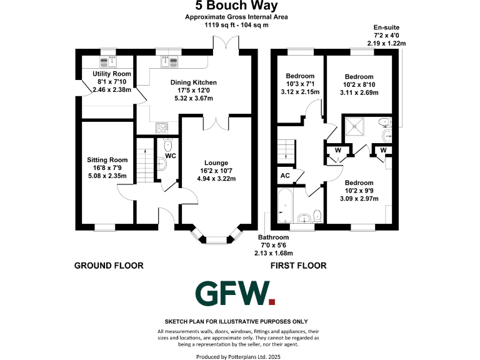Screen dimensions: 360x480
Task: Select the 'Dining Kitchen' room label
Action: pos(194,82)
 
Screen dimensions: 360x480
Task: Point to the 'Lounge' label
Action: pos(216,162)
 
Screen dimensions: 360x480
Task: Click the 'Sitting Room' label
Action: pos(107,160)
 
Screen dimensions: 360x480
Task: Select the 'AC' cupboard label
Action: pos(285,176)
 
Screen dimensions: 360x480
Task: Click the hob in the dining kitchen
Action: pos(161,128)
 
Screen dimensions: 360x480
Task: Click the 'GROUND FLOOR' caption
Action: pos(109,266)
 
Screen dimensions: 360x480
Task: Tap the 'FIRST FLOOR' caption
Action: pos(298,266)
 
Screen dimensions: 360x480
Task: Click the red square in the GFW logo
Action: pos(271,302)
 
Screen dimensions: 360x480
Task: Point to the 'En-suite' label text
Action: pos(386,28)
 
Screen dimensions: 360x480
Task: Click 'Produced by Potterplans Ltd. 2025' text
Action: pos(240,357)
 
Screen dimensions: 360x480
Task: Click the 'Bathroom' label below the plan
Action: pos(274,237)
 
